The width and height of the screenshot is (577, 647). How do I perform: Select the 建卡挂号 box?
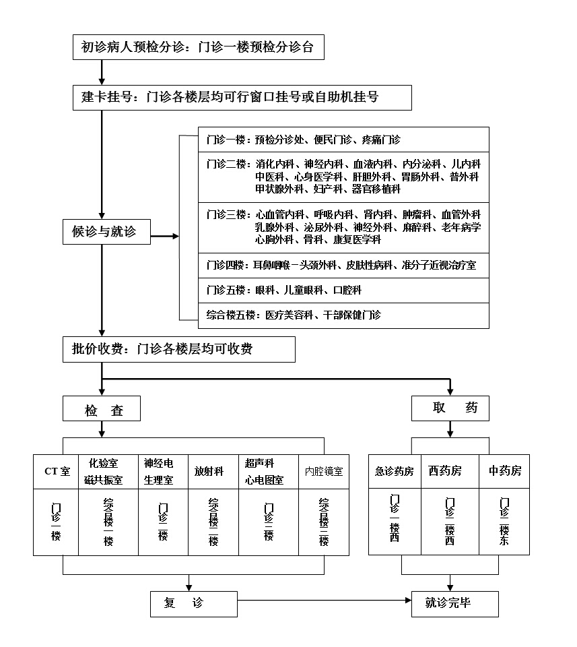[242, 97]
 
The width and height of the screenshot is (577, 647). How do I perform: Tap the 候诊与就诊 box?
[106, 232]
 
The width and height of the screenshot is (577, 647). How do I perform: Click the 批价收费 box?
[179, 349]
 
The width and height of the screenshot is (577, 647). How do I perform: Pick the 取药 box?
[450, 408]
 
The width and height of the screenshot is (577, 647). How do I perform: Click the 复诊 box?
[193, 604]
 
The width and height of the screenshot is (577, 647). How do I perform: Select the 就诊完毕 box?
[454, 604]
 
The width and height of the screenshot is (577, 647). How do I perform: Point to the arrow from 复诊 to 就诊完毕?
[323, 599]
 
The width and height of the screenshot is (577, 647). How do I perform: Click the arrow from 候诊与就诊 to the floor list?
[166, 237]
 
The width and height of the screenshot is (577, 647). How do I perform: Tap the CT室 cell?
[57, 472]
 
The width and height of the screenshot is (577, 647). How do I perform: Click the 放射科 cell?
[209, 472]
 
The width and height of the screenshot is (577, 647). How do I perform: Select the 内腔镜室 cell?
[323, 472]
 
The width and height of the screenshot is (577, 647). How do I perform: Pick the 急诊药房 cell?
[394, 472]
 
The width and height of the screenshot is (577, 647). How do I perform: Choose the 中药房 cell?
[504, 472]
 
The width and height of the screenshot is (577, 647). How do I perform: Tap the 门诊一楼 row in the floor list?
[343, 140]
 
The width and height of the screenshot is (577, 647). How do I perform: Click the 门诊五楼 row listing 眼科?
[343, 290]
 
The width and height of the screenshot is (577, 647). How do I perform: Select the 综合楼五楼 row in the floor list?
[343, 314]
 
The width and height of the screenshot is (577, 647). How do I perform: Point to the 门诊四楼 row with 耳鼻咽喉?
[343, 266]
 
